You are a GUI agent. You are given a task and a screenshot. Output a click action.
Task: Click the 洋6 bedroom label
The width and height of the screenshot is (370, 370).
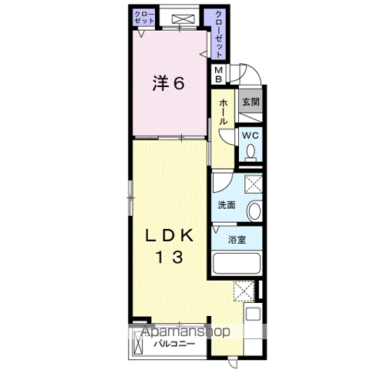point(168,84)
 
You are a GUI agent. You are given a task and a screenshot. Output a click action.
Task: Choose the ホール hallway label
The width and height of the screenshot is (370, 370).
point(223,111)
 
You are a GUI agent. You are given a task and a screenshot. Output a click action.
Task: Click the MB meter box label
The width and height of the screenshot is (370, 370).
point(219,75)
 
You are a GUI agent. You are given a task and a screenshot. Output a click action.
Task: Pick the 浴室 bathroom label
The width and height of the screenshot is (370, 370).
point(237,240)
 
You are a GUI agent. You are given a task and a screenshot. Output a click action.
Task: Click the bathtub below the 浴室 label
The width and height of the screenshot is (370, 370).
point(236,265)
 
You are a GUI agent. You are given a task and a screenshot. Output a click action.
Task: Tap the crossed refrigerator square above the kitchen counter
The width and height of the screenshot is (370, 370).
point(244,291)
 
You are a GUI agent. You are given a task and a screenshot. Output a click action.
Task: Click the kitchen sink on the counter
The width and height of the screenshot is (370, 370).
point(254,317)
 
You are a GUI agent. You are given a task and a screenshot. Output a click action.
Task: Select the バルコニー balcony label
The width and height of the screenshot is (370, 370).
point(172,344)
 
